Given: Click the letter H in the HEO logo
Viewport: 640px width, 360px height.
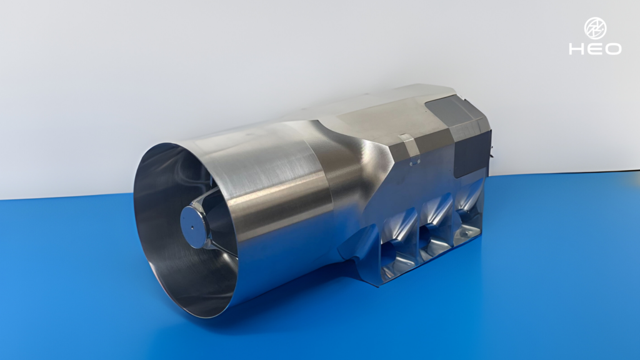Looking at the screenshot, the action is [x=577, y=49].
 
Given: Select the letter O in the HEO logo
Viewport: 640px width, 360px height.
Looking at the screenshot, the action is [x=613, y=49].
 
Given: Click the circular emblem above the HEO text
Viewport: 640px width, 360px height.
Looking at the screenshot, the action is [x=595, y=28].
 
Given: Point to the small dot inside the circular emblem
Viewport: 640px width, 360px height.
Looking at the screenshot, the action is [x=596, y=29].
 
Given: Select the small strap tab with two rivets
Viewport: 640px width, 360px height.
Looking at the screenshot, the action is [x=409, y=149].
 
